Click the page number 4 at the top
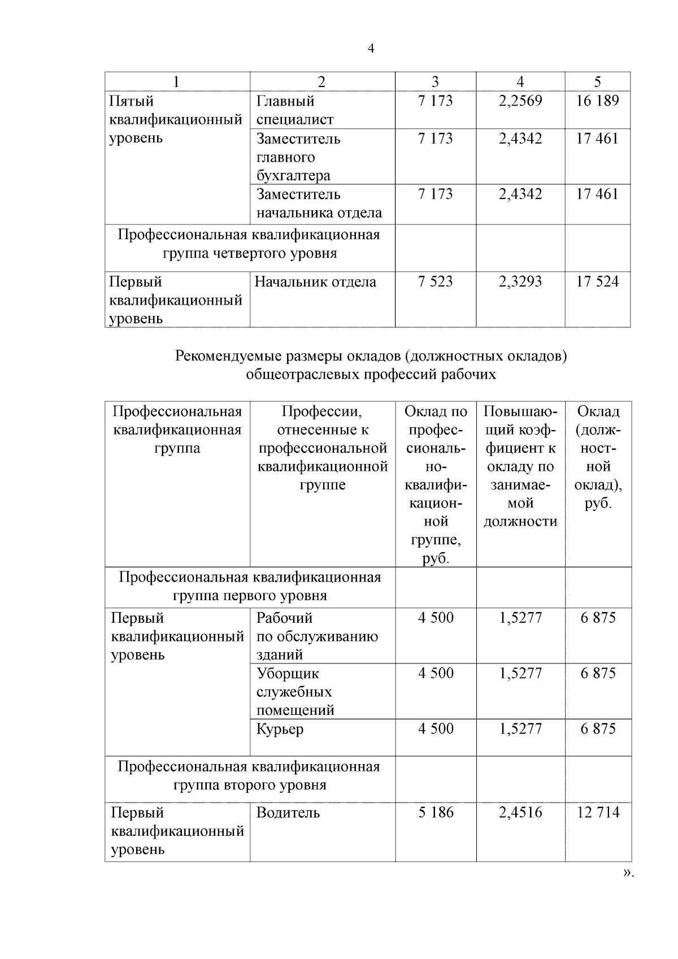[371, 49]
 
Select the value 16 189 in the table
[597, 101]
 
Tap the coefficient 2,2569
[520, 101]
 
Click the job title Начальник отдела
[315, 281]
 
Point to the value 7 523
[435, 281]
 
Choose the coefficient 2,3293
[520, 281]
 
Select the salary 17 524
[597, 281]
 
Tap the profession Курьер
[280, 729]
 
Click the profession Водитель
[288, 813]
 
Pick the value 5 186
[435, 813]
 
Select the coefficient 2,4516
[520, 813]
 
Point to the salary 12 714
[598, 813]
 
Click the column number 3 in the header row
[435, 82]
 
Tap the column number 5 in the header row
[597, 82]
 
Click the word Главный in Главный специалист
[285, 101]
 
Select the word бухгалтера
[293, 176]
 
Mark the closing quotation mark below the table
[628, 888]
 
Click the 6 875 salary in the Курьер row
[598, 729]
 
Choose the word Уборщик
[288, 674]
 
